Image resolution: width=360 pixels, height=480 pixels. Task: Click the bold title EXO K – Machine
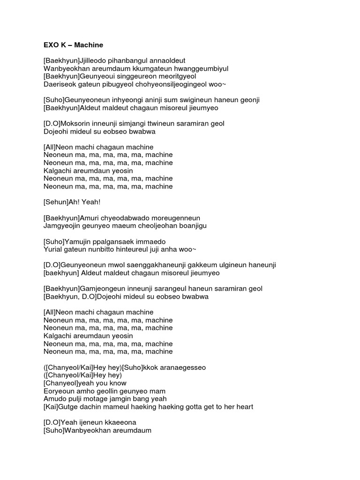[73, 45]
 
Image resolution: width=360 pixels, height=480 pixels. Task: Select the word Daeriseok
[58, 84]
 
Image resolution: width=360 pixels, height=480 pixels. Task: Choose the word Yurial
[52, 249]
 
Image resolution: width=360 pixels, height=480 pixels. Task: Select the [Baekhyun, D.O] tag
[70, 296]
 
